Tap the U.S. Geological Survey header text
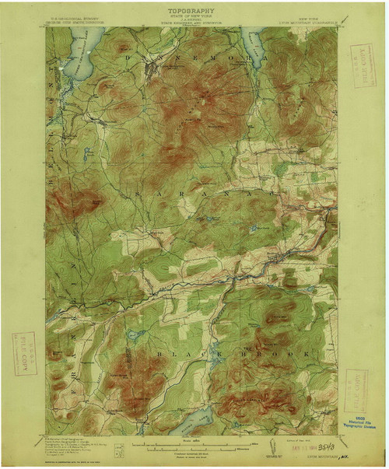(77, 17)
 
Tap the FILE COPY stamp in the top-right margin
(363, 65)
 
